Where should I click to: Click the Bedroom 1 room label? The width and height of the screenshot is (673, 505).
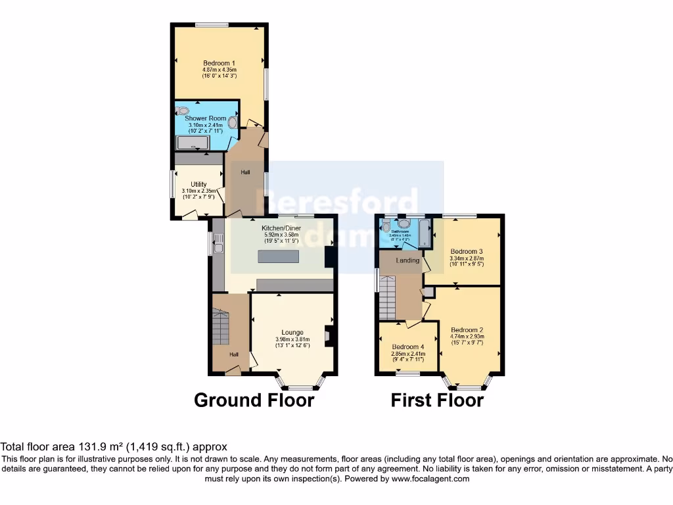(220, 62)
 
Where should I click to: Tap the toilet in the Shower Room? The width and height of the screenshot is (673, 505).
(182, 111)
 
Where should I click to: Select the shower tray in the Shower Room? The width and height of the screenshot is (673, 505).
(192, 143)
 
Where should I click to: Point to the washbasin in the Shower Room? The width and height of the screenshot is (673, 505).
(232, 121)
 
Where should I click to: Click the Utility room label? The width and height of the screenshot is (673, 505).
(198, 184)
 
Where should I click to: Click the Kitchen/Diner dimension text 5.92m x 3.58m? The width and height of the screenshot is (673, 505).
(281, 235)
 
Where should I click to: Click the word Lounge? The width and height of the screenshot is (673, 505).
(292, 332)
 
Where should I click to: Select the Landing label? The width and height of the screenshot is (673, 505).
(407, 260)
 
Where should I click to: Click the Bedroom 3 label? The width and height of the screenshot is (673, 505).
(467, 251)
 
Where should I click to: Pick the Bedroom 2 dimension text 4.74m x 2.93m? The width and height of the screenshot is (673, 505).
(467, 337)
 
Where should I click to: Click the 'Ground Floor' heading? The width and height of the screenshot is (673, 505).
(254, 399)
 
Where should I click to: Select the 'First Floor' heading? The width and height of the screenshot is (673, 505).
(437, 399)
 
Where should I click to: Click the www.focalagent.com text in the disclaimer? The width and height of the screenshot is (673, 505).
(430, 479)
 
